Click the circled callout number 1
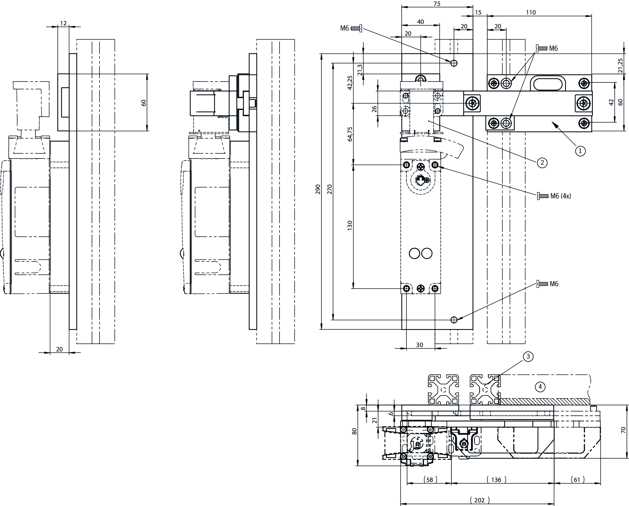[x=580, y=150]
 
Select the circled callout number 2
[x=542, y=163]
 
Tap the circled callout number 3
[x=528, y=357]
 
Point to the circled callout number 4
[x=540, y=386]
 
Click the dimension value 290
[x=318, y=189]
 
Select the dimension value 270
[x=329, y=189]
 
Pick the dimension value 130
[x=349, y=226]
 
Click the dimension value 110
[x=531, y=12]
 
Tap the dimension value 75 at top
[x=437, y=4]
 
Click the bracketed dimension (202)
[x=479, y=500]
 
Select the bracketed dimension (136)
[x=496, y=479]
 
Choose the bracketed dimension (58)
[x=430, y=479]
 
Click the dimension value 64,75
[x=349, y=134]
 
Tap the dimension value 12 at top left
[x=63, y=23]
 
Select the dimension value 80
[x=355, y=431]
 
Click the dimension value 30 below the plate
[x=419, y=345]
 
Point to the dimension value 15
[x=478, y=12]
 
